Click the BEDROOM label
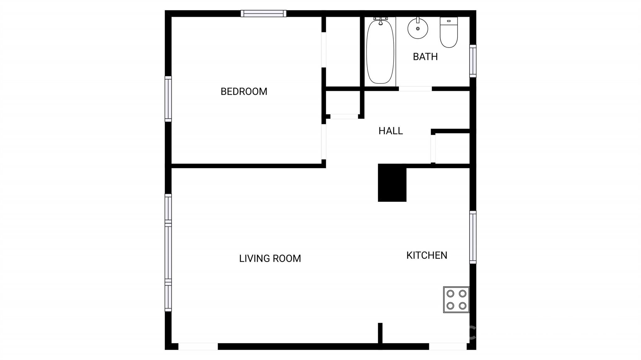244,91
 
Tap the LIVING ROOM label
270,258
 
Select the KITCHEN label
427,255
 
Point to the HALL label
390,131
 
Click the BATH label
425,57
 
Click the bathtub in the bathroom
380,53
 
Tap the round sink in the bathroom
418,28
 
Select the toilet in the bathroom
449,33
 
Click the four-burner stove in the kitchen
456,300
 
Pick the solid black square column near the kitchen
392,183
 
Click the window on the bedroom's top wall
263,13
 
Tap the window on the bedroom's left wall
168,99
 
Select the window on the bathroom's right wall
473,61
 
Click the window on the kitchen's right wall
473,237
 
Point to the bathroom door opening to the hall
415,89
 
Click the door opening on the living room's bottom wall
198,346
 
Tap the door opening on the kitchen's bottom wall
448,346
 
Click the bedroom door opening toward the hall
324,142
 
